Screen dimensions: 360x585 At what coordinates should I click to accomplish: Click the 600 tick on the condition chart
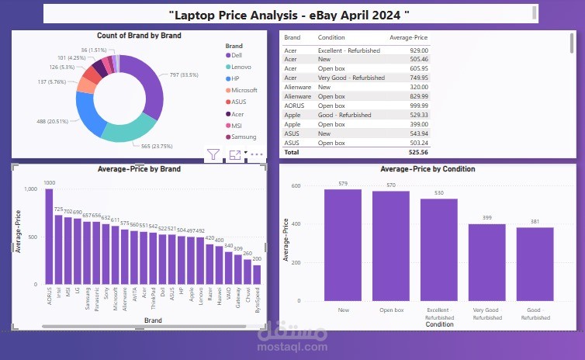click(296, 186)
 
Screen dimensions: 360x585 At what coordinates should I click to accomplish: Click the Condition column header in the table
click(331, 37)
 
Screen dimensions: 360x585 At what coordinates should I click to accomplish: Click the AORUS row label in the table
click(293, 105)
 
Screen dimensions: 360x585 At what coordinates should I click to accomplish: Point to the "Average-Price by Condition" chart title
click(427, 169)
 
